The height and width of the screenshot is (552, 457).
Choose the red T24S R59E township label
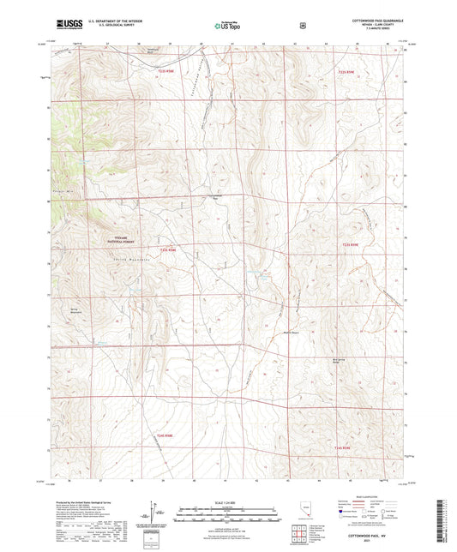tap(343, 447)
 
